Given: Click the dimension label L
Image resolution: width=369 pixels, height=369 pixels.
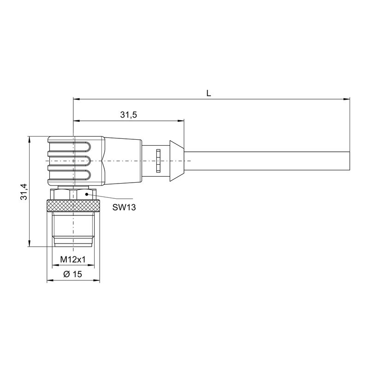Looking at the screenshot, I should coord(208,93).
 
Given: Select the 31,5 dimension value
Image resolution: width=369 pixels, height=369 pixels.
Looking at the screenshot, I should coord(129,115).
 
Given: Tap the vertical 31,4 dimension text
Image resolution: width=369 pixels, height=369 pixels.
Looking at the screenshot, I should coord(24,191).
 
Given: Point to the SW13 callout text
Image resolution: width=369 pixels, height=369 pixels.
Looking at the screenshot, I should coord(124,208).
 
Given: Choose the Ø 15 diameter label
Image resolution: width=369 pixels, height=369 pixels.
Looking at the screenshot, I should coord(72,274).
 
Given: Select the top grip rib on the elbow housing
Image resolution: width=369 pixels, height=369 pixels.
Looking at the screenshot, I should coord(69,148).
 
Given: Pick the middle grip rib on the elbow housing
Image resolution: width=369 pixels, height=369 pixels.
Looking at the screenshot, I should coord(69,161).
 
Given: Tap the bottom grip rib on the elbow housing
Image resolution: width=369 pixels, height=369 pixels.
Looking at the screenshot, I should coord(69,174).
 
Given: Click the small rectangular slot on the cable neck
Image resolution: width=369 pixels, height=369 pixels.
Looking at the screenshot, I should coord(158,161).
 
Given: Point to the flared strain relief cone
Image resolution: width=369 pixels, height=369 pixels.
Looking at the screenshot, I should coord(175,161).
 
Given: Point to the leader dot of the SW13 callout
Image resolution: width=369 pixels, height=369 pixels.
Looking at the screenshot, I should coord(85,194).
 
